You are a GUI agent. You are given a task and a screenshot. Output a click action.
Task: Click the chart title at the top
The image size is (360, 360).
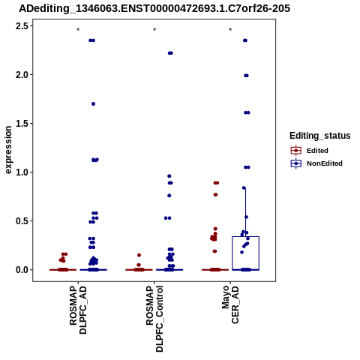pyautogui.click(x=154, y=8)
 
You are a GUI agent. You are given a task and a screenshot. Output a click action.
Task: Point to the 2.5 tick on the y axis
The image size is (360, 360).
pyautogui.click(x=22, y=26)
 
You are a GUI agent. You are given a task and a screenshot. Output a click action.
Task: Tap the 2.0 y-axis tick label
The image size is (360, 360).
pyautogui.click(x=22, y=75)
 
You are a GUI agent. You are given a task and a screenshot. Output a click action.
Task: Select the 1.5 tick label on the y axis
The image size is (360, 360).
pyautogui.click(x=22, y=124)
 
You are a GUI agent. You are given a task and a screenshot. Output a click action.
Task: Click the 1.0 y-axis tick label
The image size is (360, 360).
pyautogui.click(x=22, y=172)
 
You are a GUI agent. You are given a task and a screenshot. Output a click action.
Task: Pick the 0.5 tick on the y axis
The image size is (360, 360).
pyautogui.click(x=22, y=221)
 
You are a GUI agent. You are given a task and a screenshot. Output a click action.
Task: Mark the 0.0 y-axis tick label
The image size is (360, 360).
pyautogui.click(x=22, y=270)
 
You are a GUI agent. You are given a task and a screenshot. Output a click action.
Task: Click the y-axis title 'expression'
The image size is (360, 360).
pyautogui.click(x=8, y=150)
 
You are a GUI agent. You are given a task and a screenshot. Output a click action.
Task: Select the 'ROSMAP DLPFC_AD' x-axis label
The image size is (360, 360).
pyautogui.click(x=78, y=310)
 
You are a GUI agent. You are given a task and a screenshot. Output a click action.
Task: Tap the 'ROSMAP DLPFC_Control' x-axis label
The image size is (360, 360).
pyautogui.click(x=154, y=319)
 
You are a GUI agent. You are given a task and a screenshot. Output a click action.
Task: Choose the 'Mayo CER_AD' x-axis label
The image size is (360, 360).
pyautogui.click(x=230, y=305)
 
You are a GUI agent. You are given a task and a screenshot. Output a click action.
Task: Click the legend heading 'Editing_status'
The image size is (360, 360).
pyautogui.click(x=320, y=136)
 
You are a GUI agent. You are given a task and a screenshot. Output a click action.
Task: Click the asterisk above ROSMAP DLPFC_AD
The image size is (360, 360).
pyautogui.click(x=78, y=30)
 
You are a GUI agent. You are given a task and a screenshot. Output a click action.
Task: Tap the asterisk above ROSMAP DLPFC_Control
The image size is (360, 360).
pyautogui.click(x=154, y=30)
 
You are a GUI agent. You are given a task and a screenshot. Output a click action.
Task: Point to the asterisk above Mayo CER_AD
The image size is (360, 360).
pyautogui.click(x=230, y=30)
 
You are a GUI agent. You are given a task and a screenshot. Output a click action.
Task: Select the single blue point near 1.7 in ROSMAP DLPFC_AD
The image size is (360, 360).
pyautogui.click(x=93, y=104)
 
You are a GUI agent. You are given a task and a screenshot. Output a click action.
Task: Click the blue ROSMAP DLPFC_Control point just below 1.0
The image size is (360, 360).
pyautogui.click(x=169, y=176)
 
